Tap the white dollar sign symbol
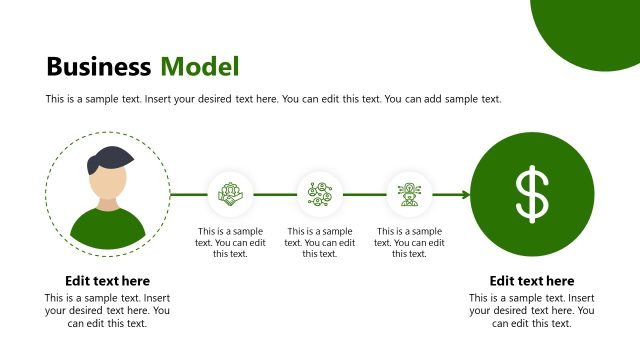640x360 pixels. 532,194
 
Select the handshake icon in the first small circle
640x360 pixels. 230,193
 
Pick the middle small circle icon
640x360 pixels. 320,193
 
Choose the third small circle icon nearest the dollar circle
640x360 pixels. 409,193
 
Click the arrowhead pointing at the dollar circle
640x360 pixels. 465,194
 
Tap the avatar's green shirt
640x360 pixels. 107,228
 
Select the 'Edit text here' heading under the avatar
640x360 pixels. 107,281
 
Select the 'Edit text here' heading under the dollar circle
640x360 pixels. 532,281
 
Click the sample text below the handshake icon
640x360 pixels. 230,242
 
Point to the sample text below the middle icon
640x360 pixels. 320,242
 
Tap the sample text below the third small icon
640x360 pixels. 409,242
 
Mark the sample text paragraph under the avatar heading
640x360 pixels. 107,310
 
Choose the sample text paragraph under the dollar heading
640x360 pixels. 532,310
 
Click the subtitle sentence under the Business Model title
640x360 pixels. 273,99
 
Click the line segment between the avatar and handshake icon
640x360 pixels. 188,194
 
